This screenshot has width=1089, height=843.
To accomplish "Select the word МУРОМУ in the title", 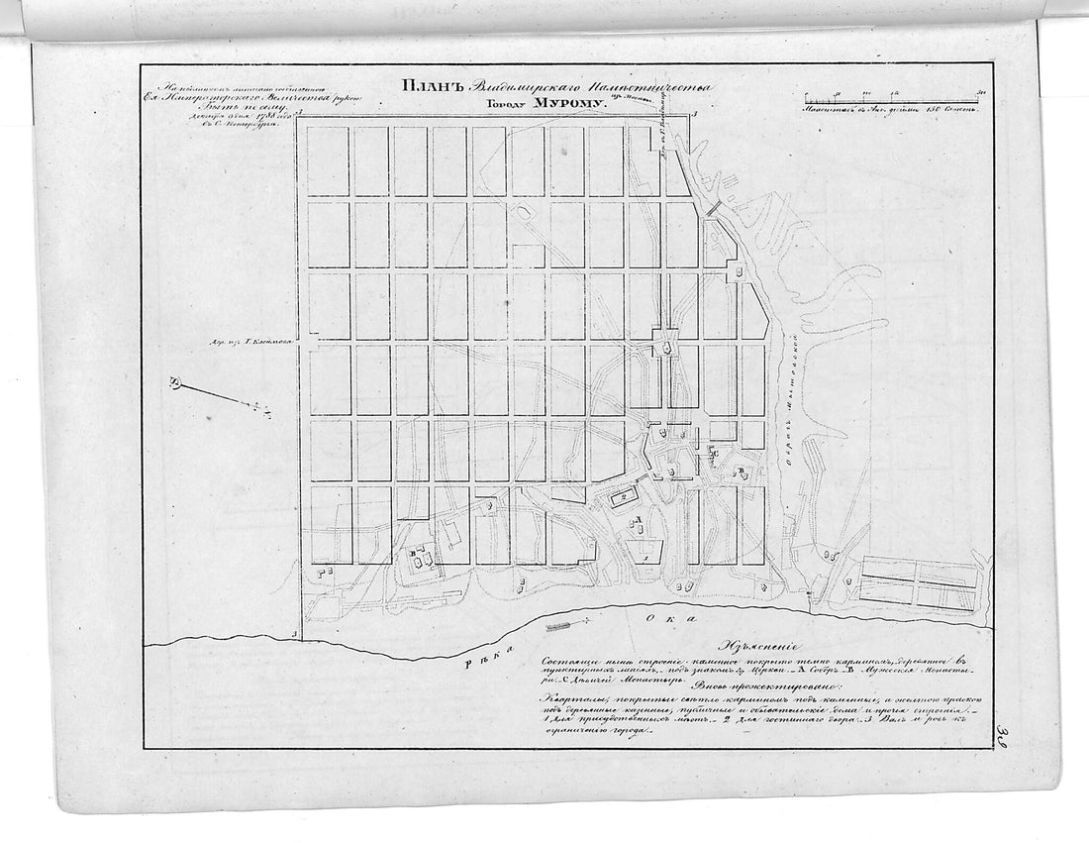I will point(561,102).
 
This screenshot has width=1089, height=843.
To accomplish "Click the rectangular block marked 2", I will point(626,497).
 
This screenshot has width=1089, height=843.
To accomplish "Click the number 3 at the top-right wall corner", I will point(695,116).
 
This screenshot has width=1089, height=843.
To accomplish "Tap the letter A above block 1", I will point(642,519).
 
